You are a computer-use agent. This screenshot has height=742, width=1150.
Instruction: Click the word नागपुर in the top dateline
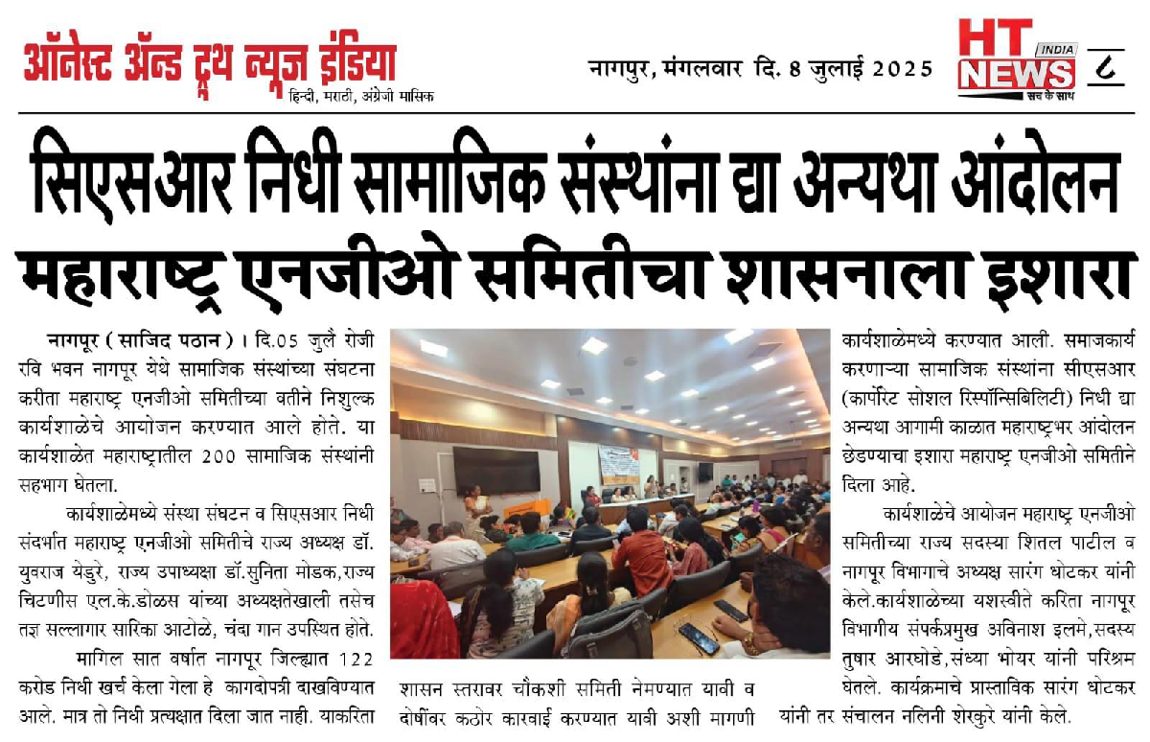point(621,69)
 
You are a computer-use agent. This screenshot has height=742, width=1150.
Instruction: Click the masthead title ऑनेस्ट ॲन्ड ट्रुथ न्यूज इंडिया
point(210,62)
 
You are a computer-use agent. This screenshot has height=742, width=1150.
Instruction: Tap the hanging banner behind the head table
point(617,464)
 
